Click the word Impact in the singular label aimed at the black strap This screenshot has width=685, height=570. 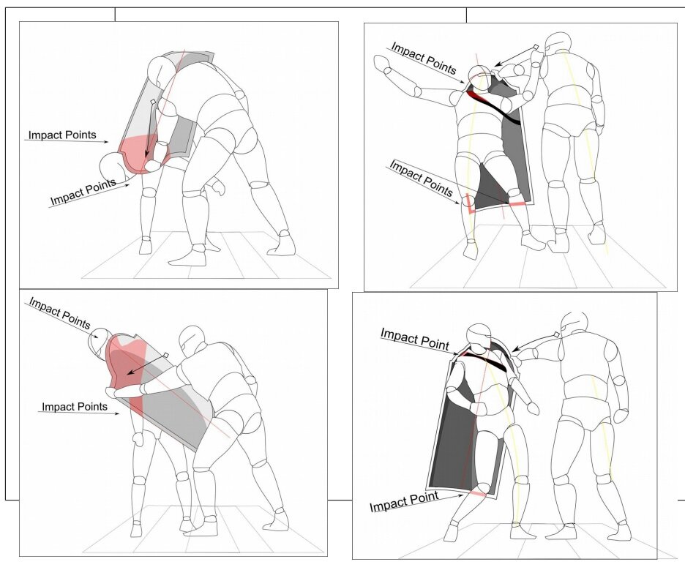pos(398,335)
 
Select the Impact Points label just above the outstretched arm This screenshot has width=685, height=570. pos(423,58)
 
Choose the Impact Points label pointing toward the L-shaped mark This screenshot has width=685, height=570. pos(421,177)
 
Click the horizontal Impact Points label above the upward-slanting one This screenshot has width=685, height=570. pos(62,135)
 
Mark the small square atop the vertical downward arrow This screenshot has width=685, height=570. pos(152,102)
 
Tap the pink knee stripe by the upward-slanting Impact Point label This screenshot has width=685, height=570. pos(478,493)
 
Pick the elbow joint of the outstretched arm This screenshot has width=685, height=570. pos(417,91)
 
